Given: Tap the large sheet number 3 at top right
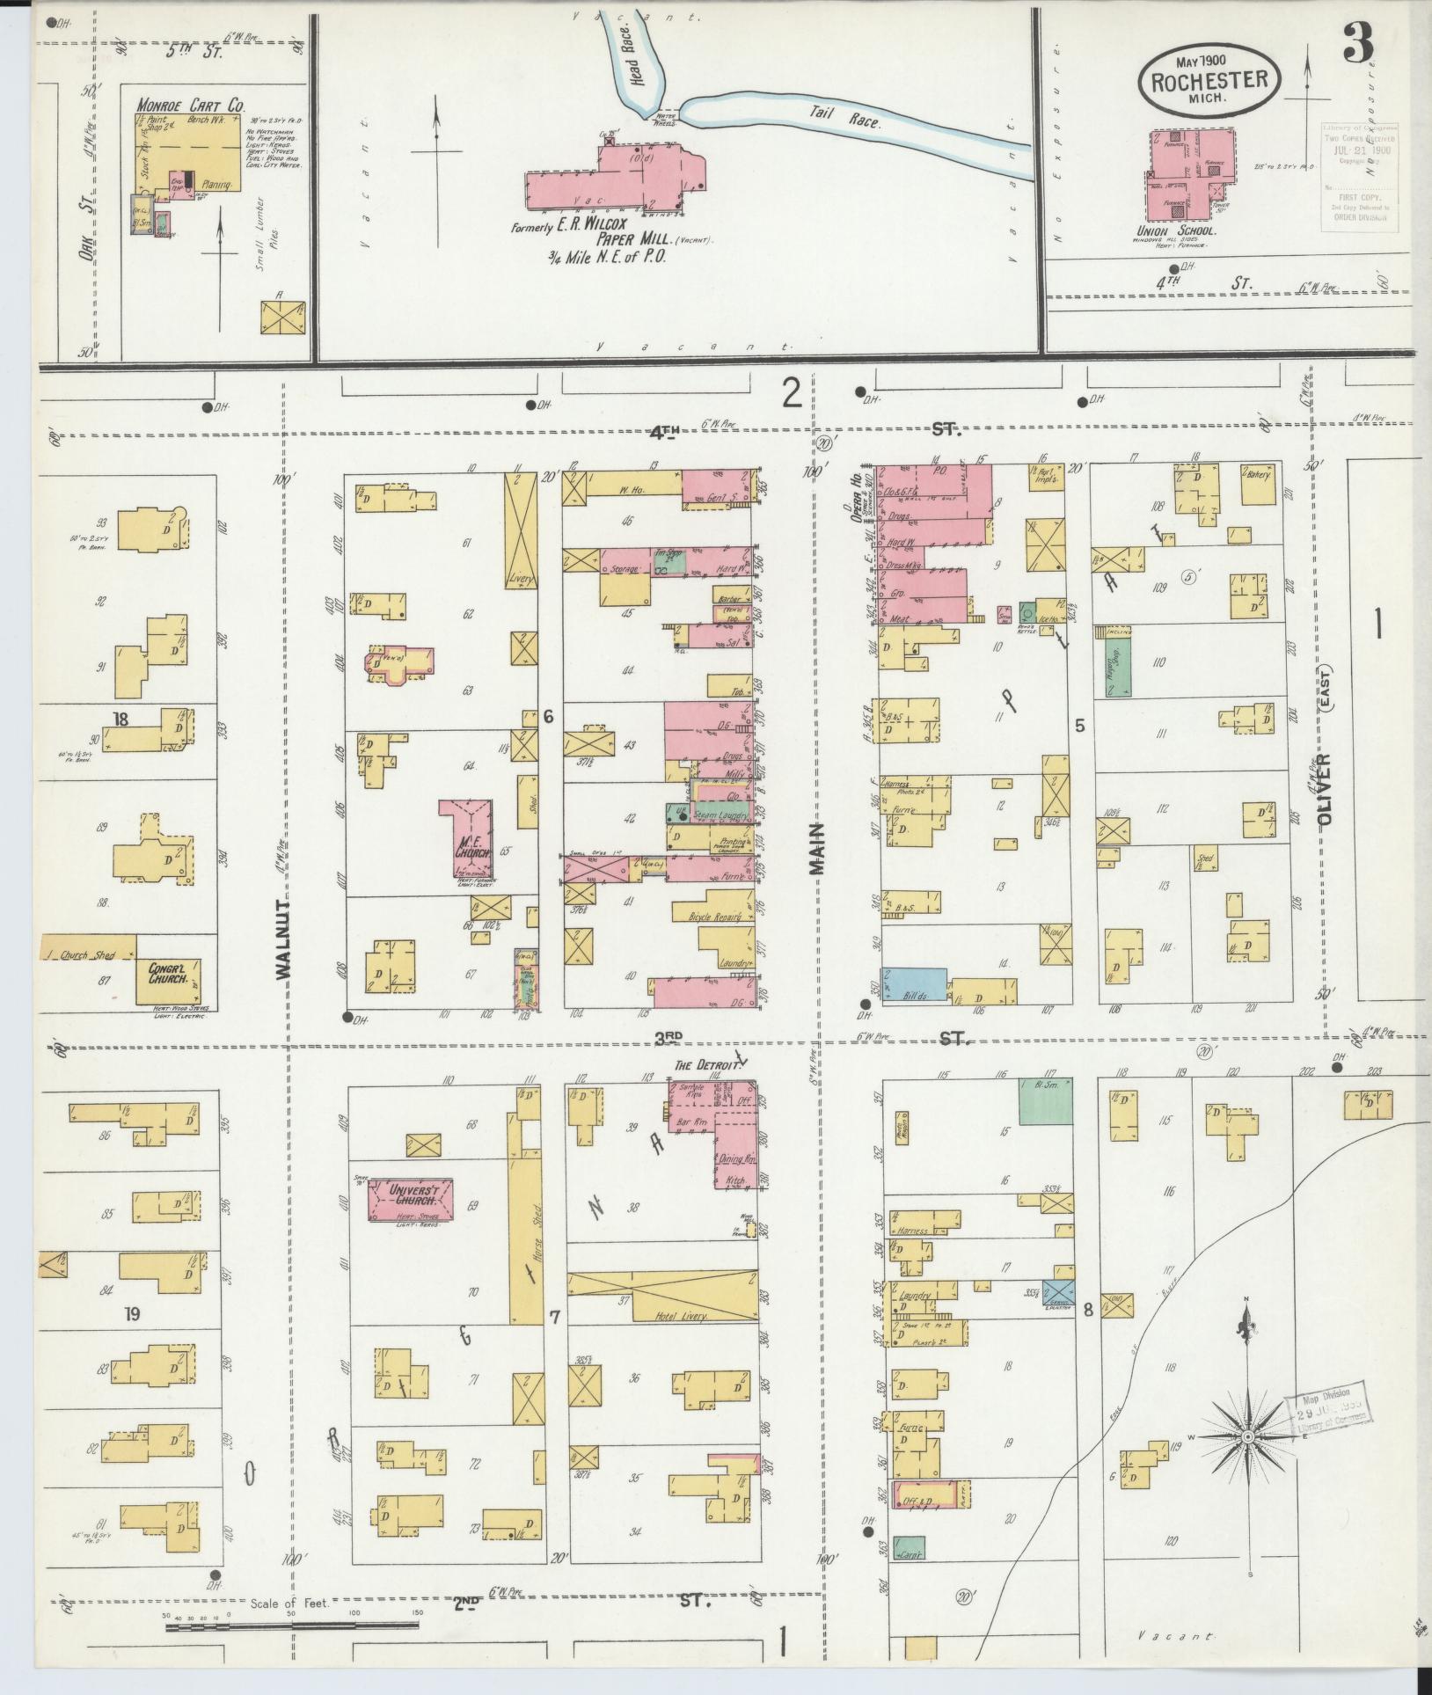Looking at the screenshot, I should click(x=1358, y=41).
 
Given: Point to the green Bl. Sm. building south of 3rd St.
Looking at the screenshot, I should click(x=1045, y=1101).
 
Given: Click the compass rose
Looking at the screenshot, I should click(x=1246, y=1436).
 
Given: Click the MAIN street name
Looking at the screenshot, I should click(x=819, y=849).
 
